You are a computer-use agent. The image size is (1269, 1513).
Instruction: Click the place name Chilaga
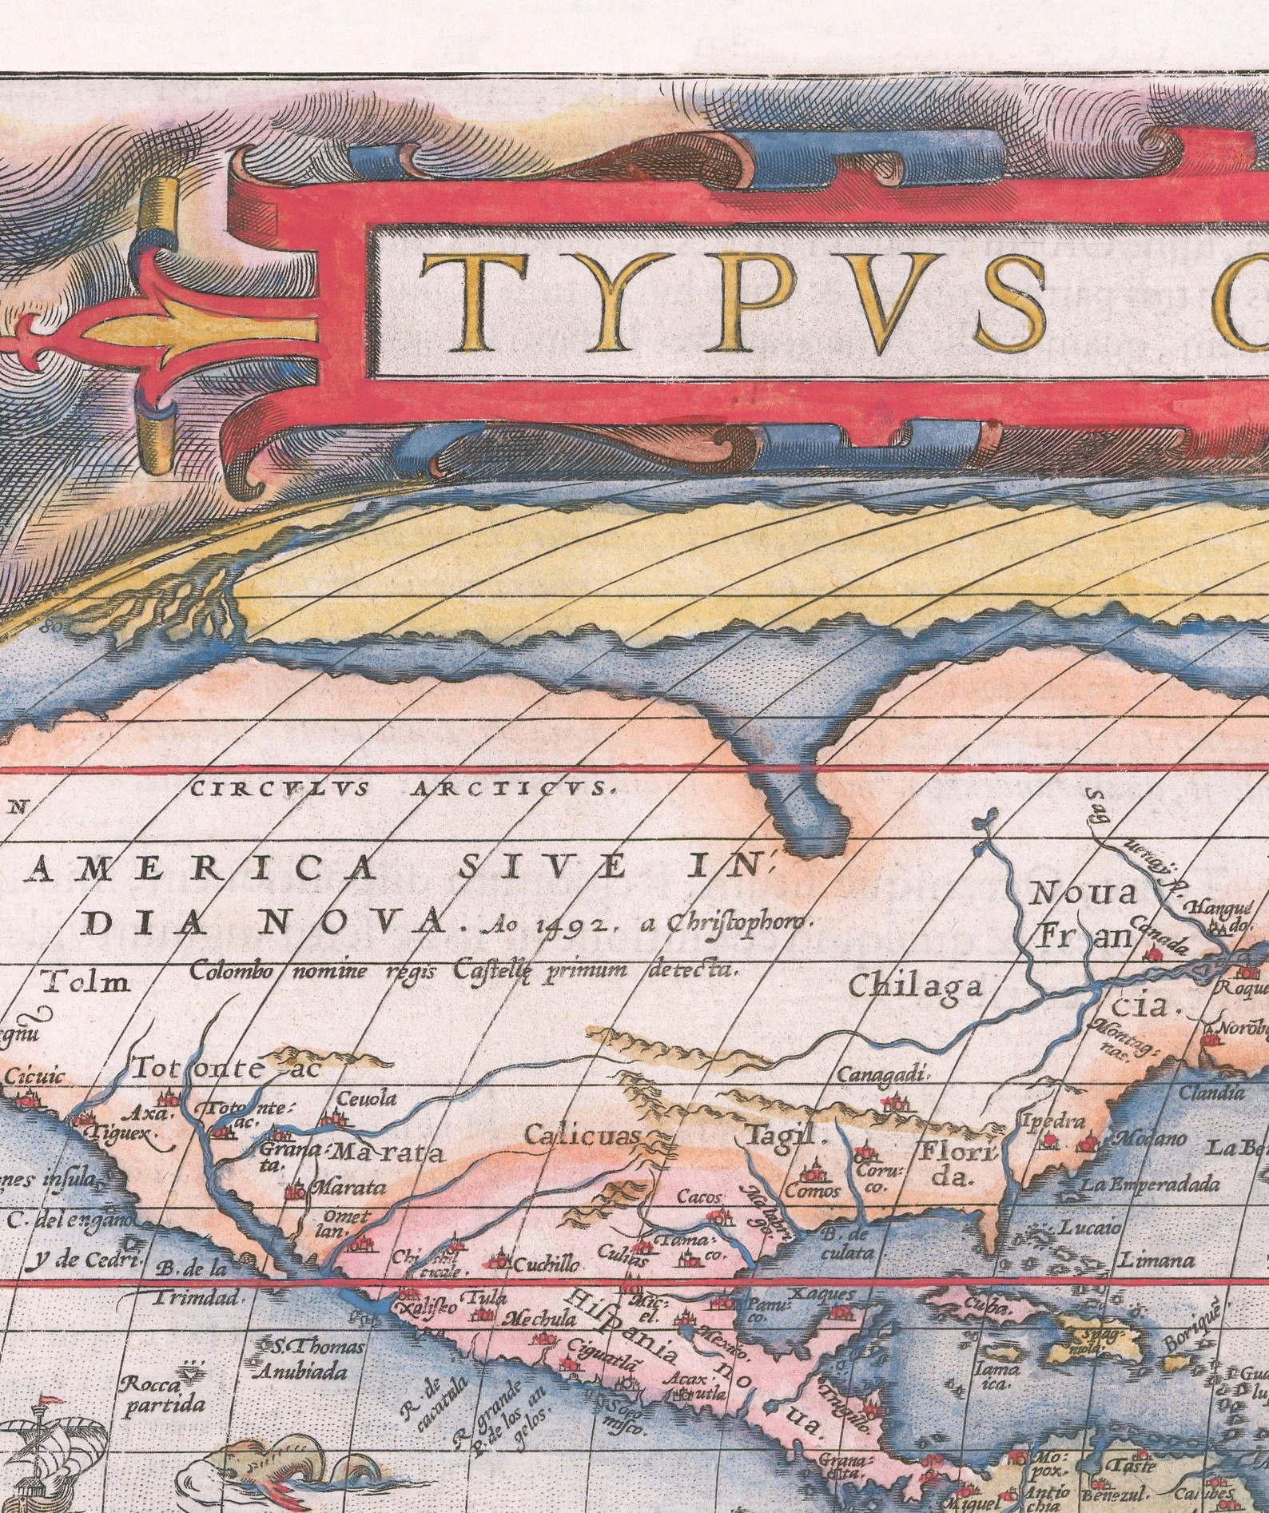pyautogui.click(x=914, y=985)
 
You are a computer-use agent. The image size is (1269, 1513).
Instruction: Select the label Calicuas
pyautogui.click(x=583, y=1136)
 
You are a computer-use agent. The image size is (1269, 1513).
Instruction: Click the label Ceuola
pyautogui.click(x=366, y=1098)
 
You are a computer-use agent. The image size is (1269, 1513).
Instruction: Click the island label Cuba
pyautogui.click(x=985, y=1300)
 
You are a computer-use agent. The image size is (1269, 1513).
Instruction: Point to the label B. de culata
pyautogui.click(x=846, y=1244)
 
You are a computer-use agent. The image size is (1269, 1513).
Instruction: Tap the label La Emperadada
pyautogui.click(x=1151, y=1184)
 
